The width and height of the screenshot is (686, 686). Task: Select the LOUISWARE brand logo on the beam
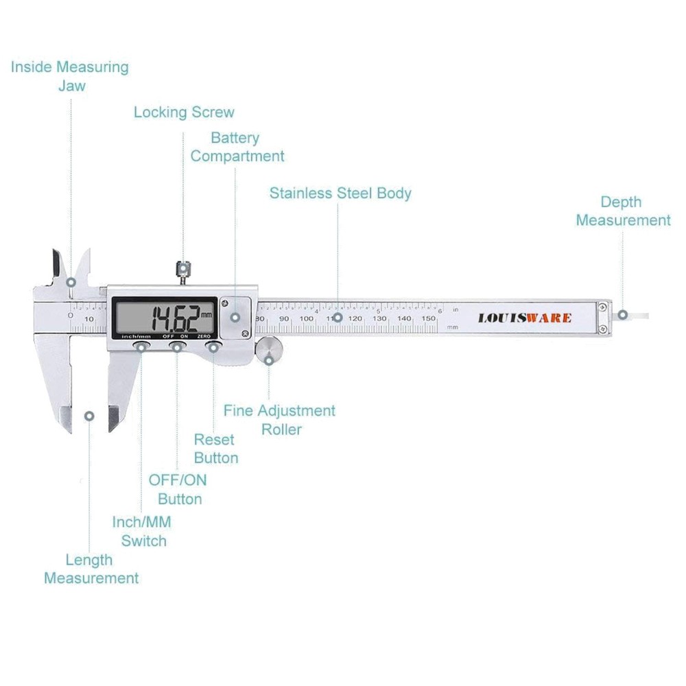tap(524, 318)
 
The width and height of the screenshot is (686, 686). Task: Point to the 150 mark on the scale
tap(428, 318)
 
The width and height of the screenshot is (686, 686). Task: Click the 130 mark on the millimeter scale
tap(379, 318)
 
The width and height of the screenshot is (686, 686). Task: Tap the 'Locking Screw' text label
tap(184, 113)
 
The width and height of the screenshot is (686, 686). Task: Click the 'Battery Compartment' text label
tap(237, 147)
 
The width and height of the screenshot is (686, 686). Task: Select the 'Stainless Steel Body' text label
tap(340, 193)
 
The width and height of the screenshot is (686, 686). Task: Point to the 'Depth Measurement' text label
tap(623, 211)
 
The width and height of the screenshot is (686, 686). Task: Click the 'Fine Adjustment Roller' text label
tap(280, 420)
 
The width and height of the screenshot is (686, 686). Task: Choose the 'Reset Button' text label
tap(215, 449)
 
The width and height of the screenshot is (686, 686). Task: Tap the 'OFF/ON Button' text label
tap(178, 489)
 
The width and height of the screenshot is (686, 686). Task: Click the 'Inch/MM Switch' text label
tap(142, 531)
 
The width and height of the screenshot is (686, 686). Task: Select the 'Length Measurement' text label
tap(91, 569)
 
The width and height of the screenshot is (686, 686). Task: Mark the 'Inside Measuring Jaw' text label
tap(70, 76)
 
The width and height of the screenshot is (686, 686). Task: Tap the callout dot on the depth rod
tap(622, 315)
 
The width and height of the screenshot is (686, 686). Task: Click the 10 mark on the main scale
tap(90, 319)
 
